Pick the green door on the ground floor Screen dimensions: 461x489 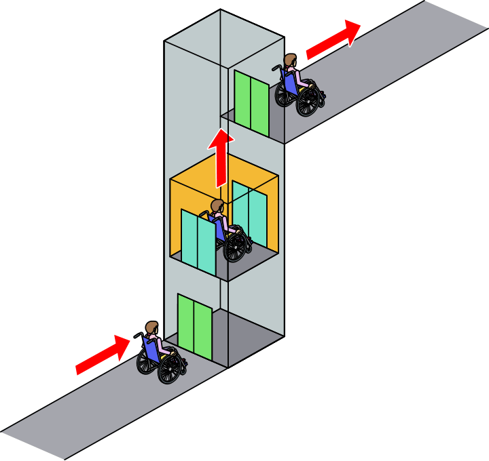click(194, 325)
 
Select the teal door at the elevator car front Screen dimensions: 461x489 click(198, 241)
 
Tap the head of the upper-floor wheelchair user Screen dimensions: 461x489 click(291, 62)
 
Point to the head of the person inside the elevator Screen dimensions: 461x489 click(217, 206)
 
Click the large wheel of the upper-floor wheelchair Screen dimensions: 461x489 click(309, 100)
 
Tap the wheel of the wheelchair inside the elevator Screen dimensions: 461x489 click(235, 248)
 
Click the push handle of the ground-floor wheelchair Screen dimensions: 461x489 click(137, 334)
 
